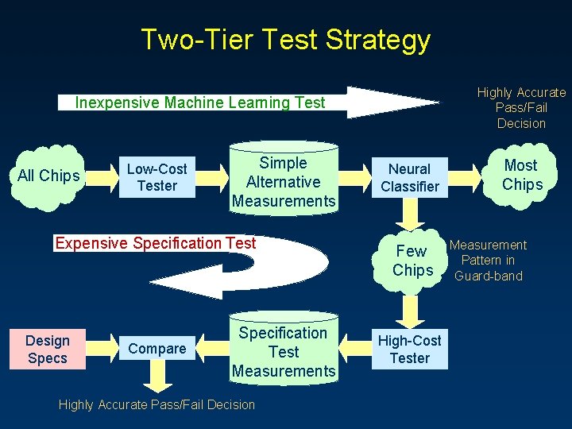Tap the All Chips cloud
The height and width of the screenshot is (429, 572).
point(48,176)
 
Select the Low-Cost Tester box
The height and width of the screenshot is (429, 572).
point(157,177)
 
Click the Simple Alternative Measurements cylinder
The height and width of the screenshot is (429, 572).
point(284,181)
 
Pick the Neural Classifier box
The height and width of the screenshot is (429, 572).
point(409,177)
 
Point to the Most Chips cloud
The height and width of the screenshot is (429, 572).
point(521,175)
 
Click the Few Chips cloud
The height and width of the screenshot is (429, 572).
point(412,261)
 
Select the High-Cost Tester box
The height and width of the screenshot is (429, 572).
point(409,349)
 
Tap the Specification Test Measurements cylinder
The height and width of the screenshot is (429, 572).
point(284,350)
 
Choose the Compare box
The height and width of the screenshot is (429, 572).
point(157,348)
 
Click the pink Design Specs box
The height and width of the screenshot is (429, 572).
point(48,349)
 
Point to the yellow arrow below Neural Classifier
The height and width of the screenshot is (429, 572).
point(410,213)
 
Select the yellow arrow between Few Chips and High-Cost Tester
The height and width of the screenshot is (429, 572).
point(411,306)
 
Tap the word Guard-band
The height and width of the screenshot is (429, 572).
point(488,276)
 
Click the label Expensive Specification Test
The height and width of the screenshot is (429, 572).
point(156,243)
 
